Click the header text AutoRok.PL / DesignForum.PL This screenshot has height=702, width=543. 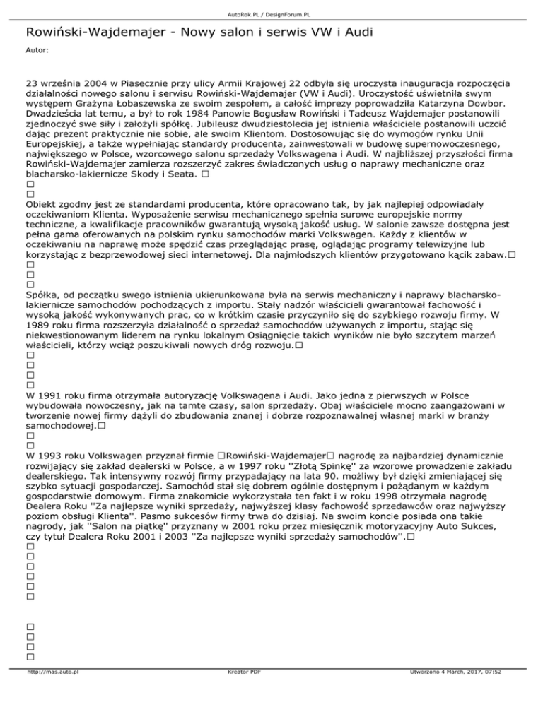click(x=271, y=5)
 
